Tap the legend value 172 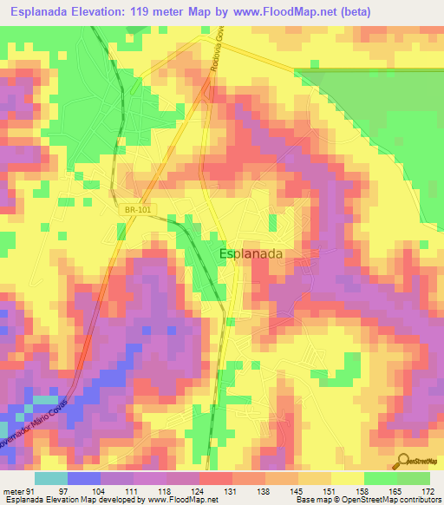[427, 490]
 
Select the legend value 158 [362, 490]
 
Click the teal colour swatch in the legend [51, 478]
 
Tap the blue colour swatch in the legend [84, 478]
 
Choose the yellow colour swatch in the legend [347, 478]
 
